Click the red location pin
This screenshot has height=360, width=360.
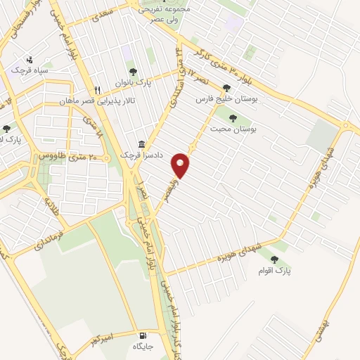(x=181, y=165)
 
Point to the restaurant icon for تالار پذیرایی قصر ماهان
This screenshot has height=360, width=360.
(x=98, y=90)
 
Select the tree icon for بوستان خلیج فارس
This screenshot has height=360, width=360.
(x=226, y=89)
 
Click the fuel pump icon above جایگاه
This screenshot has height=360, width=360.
(x=143, y=335)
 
